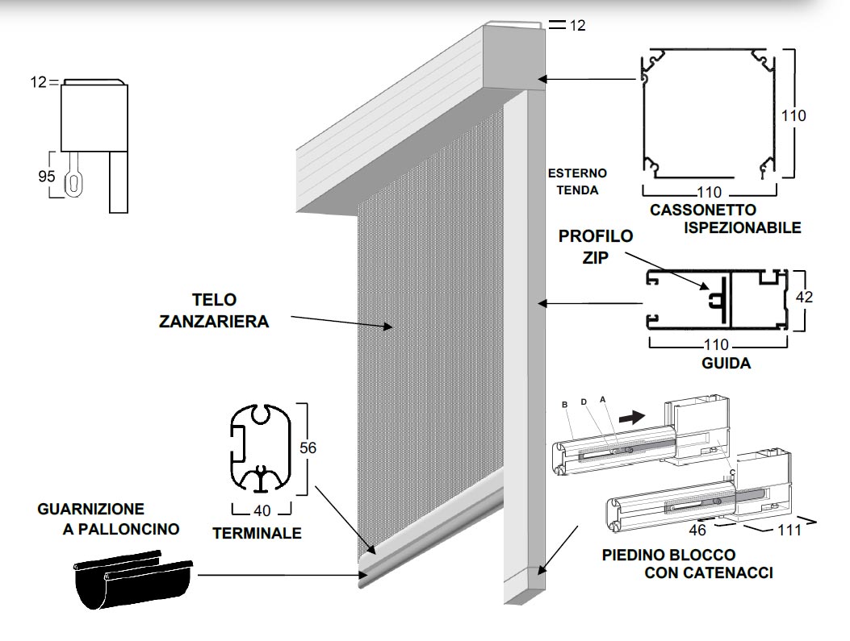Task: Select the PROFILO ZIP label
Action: tap(596, 248)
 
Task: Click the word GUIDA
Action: tap(726, 363)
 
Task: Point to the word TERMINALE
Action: tap(257, 533)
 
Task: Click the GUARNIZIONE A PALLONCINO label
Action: tap(108, 519)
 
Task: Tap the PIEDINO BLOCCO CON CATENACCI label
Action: tap(687, 564)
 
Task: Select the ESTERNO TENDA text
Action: tap(576, 182)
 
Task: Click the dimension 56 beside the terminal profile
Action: tap(308, 447)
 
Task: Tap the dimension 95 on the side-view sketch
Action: tap(47, 176)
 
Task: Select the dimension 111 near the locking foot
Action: tap(789, 530)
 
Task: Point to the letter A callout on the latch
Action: tap(602, 399)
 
